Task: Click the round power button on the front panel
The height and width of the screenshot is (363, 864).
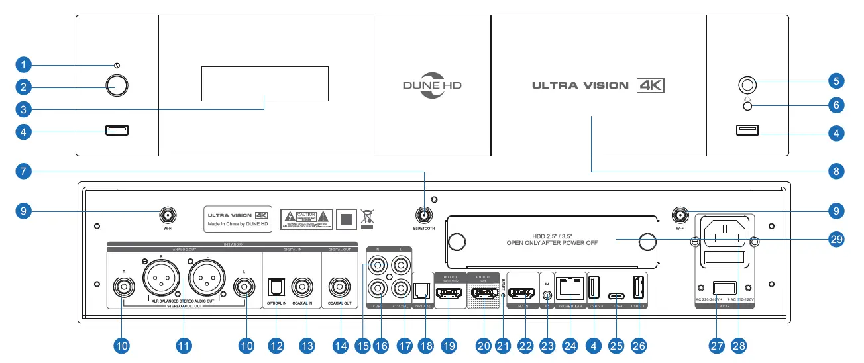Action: tap(117, 86)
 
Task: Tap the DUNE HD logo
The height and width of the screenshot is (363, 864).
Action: tap(432, 85)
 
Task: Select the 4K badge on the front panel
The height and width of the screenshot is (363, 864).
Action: tap(649, 85)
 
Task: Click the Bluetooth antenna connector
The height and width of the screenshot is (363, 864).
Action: tap(424, 215)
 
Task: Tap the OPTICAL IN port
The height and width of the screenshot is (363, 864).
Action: tap(275, 287)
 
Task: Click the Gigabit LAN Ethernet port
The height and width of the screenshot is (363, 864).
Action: tap(569, 287)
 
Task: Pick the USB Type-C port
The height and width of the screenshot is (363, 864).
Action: tap(617, 296)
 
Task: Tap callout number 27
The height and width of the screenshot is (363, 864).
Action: tap(718, 345)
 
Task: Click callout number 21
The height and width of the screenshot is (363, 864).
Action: tap(504, 345)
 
